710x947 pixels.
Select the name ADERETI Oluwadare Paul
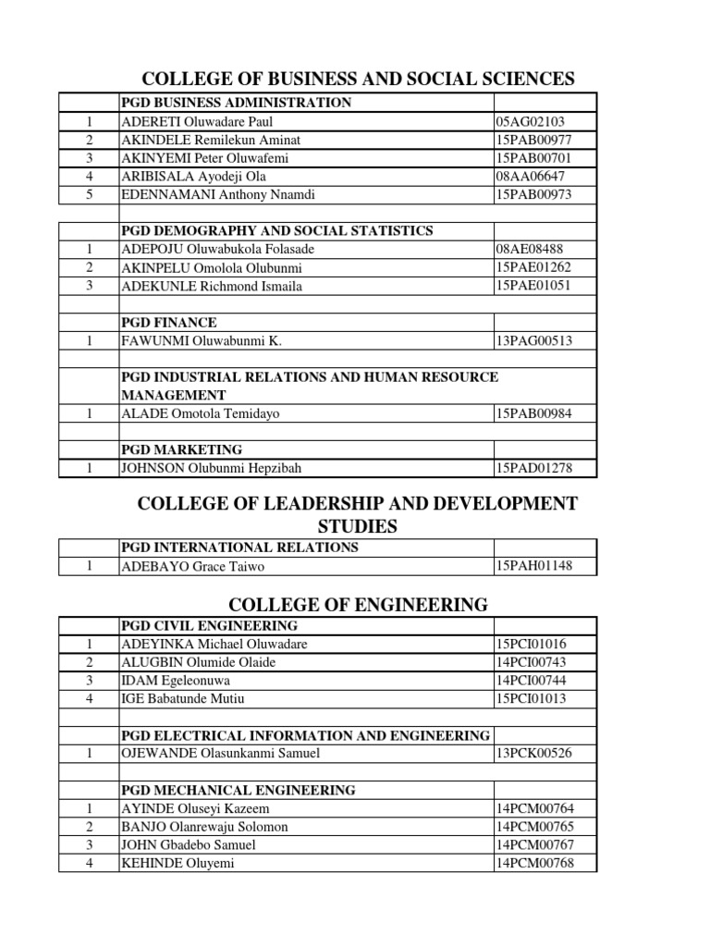click(197, 121)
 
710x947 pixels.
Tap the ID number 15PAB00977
click(533, 140)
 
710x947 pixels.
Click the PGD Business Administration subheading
click(236, 103)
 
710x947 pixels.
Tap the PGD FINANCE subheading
click(169, 323)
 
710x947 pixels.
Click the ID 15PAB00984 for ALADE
click(533, 413)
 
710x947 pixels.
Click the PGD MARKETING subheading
click(181, 449)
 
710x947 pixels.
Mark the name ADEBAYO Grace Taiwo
click(190, 566)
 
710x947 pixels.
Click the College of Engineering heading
click(358, 605)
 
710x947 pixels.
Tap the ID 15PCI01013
click(532, 698)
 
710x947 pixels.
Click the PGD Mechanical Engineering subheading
click(238, 790)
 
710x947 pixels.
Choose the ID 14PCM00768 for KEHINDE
click(534, 863)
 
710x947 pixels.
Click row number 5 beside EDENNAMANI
click(90, 195)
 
